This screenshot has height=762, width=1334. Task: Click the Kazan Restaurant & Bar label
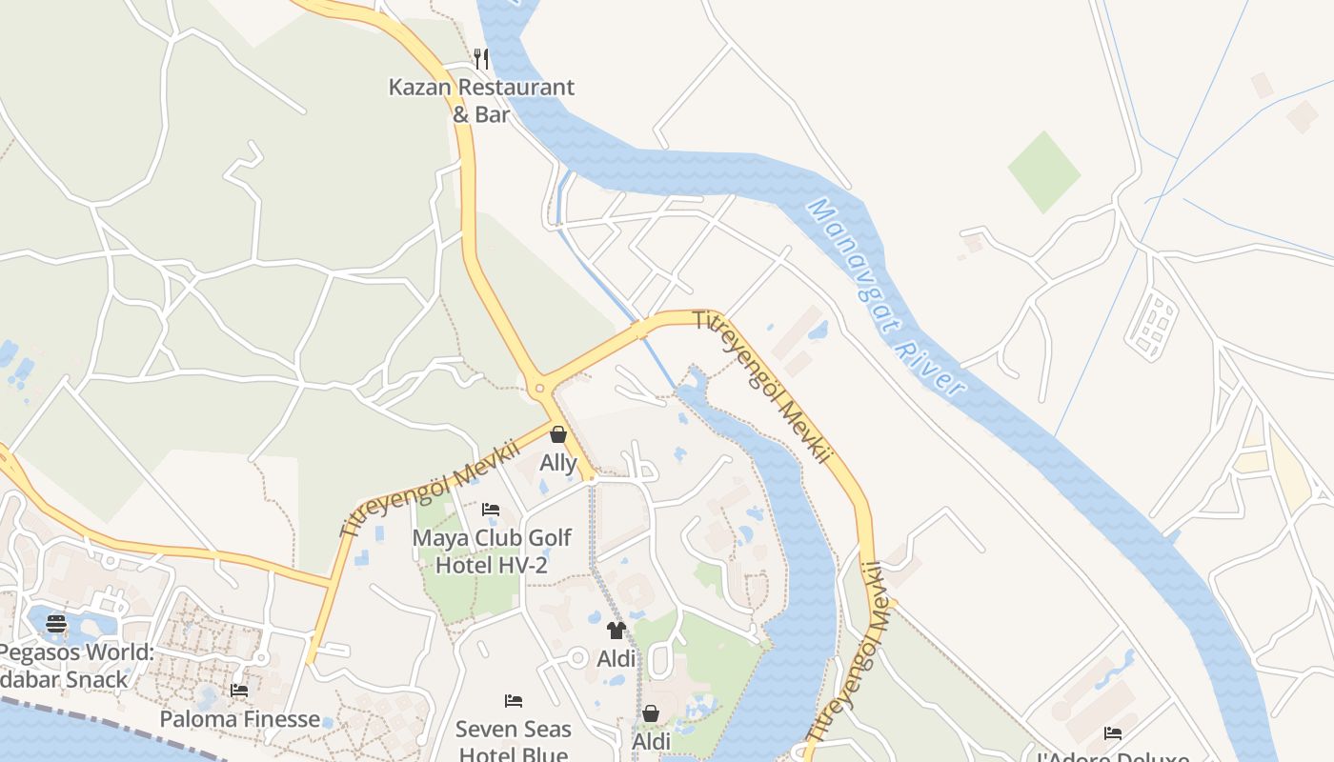(481, 100)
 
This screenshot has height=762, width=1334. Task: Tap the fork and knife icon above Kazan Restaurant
(481, 59)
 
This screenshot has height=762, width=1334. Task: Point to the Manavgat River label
(886, 296)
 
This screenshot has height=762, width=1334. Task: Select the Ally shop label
(558, 463)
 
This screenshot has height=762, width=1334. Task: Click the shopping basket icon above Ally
(558, 435)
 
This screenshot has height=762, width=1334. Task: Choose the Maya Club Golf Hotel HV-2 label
(491, 551)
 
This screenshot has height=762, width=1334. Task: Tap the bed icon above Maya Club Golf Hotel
(491, 510)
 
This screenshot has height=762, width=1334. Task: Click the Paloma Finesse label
(239, 719)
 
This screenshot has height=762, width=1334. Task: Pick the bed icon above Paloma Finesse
(239, 690)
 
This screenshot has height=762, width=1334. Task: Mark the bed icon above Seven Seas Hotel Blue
(514, 701)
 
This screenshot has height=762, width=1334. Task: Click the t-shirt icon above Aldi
(616, 630)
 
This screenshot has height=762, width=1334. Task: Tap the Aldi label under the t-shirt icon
(616, 658)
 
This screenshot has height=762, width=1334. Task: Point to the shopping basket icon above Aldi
(651, 713)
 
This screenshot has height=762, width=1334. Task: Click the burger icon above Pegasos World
(56, 624)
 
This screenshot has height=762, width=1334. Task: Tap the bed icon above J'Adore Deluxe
(1112, 732)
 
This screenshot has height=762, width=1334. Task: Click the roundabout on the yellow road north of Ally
(540, 388)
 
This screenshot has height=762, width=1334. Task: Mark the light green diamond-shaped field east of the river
(1043, 172)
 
